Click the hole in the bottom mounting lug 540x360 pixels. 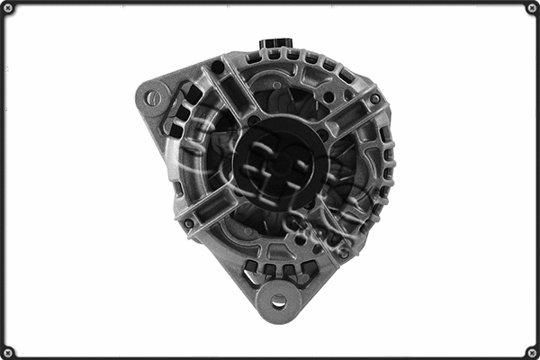279,301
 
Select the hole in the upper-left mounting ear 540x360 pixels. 154,97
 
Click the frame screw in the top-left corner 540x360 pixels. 8,8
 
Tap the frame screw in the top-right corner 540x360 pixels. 532,8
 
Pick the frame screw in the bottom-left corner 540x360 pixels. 8,352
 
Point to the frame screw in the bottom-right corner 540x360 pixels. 532,352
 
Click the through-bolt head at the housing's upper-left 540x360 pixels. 217,67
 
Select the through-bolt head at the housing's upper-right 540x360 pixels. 374,99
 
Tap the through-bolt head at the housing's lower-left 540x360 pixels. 188,222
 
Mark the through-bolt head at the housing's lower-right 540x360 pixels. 344,255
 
